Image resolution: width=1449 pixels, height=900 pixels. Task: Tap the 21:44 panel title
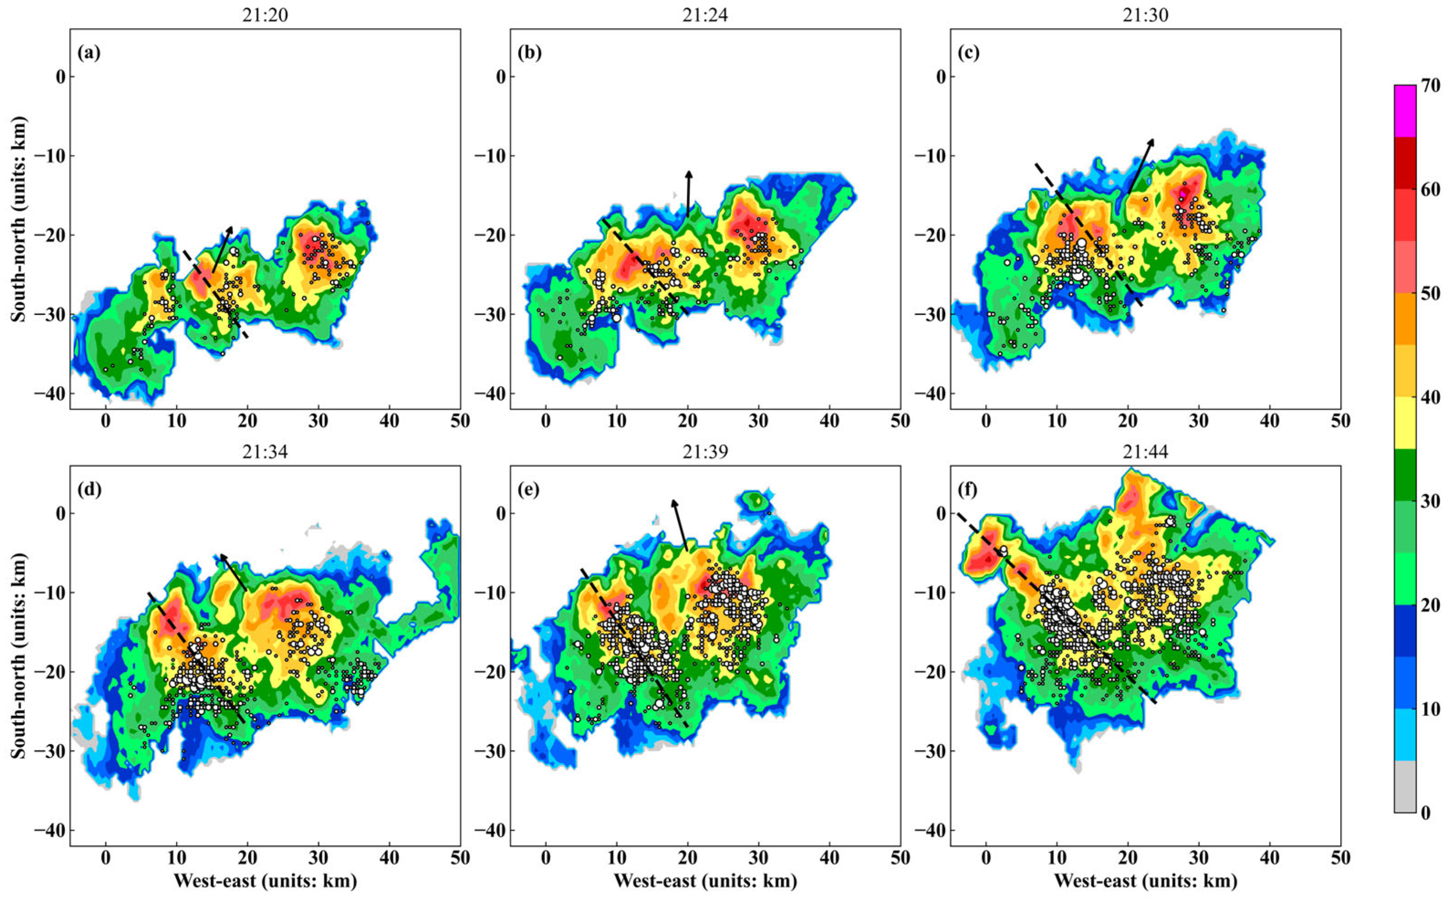pos(1145,452)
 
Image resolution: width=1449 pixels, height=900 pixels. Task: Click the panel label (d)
pos(89,489)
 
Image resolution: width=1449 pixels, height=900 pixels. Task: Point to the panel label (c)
pos(969,53)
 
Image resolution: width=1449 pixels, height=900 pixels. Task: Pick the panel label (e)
pos(529,489)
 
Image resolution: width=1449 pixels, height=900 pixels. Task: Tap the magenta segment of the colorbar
pos(1404,119)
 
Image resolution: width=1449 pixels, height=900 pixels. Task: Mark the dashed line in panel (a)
pos(216,294)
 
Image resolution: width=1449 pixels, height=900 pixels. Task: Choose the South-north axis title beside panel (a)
pos(19,219)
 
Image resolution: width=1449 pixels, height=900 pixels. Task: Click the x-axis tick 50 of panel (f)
pos(1340,858)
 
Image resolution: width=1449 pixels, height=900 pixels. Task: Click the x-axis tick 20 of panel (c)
pos(1127,421)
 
